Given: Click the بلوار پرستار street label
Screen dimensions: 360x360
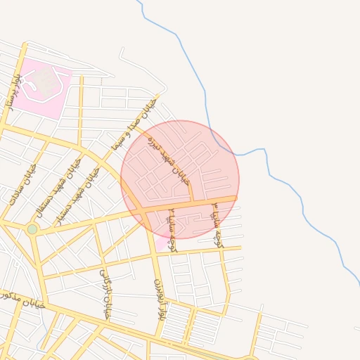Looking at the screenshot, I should click(x=13, y=92).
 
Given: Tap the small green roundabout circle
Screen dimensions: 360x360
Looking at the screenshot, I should click(x=32, y=229).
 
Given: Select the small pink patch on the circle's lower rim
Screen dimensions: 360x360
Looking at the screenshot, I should click(x=161, y=243).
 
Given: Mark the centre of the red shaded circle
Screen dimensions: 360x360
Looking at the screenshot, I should click(x=180, y=179).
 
